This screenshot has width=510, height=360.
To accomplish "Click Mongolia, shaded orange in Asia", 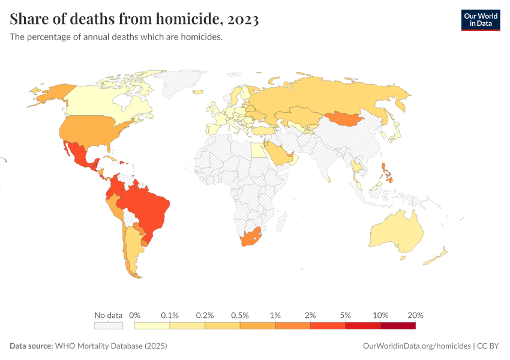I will click(x=345, y=119).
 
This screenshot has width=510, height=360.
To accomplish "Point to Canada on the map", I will click(x=102, y=99).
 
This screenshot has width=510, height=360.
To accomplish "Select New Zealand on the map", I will click(x=436, y=256).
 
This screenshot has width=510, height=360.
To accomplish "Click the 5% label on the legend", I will click(x=346, y=315).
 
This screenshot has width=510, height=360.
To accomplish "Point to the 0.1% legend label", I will click(x=170, y=315).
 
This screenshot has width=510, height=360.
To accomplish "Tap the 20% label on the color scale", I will click(x=415, y=315).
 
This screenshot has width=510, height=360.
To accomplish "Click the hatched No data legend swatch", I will click(x=108, y=326).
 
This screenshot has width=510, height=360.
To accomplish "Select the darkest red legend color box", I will click(x=398, y=326).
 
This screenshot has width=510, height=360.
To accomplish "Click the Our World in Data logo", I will click(x=480, y=20).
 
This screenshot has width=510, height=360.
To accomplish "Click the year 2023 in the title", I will click(x=243, y=19).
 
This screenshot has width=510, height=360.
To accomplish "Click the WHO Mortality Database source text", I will click(x=110, y=346).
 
